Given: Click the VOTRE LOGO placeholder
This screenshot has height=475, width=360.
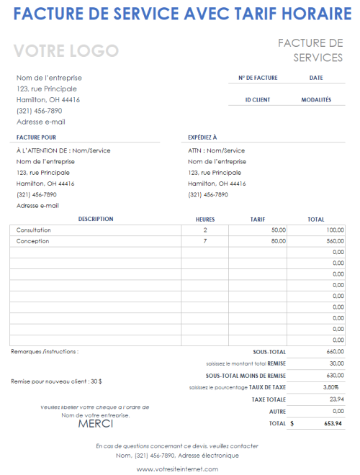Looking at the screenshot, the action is click(x=66, y=51).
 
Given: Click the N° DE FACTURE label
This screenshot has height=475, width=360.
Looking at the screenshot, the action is click(x=257, y=78).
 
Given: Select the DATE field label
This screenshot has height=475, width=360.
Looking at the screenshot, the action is click(x=315, y=78).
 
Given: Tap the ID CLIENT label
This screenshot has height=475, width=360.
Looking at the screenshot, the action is click(x=257, y=100).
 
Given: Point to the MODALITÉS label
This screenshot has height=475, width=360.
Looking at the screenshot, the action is click(x=316, y=100).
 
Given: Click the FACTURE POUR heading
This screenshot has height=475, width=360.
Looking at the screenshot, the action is click(x=36, y=137).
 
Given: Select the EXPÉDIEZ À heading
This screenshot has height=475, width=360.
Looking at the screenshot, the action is click(x=202, y=137).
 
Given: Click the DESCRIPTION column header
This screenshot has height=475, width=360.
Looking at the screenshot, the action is click(x=96, y=219).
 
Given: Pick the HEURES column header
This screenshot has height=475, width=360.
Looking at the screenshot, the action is click(x=205, y=219).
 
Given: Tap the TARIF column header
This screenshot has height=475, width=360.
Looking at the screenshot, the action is click(x=258, y=219).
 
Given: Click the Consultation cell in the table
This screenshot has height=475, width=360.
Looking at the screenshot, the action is click(x=34, y=230).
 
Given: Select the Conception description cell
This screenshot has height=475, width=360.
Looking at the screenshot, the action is click(x=32, y=241).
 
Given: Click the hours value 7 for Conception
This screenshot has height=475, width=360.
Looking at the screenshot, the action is click(x=205, y=241).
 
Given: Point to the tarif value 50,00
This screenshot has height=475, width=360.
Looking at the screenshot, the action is click(x=278, y=230).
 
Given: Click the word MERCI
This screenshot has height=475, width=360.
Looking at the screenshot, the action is click(x=96, y=423).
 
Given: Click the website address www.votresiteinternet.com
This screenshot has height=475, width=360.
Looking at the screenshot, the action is click(x=176, y=469).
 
